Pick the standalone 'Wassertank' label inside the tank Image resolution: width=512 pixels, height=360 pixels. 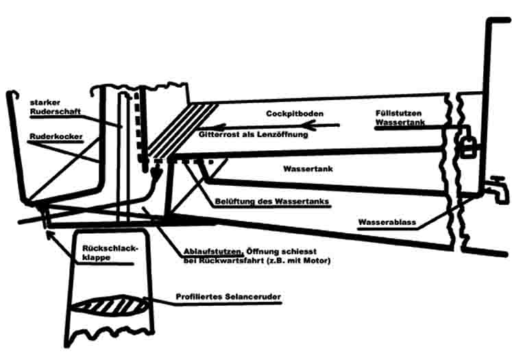(306, 168)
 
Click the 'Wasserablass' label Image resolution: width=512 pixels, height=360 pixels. (387, 222)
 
